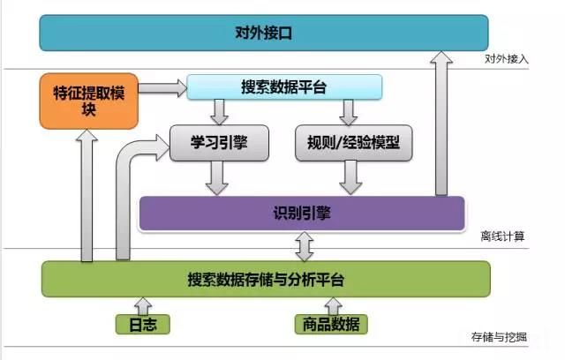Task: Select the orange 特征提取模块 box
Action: point(89,101)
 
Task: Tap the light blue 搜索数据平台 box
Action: point(283,86)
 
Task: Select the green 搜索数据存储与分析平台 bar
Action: point(265,279)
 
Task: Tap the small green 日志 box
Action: point(142,324)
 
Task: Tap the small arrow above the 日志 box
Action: point(143,304)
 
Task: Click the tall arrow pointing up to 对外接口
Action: point(438,124)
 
